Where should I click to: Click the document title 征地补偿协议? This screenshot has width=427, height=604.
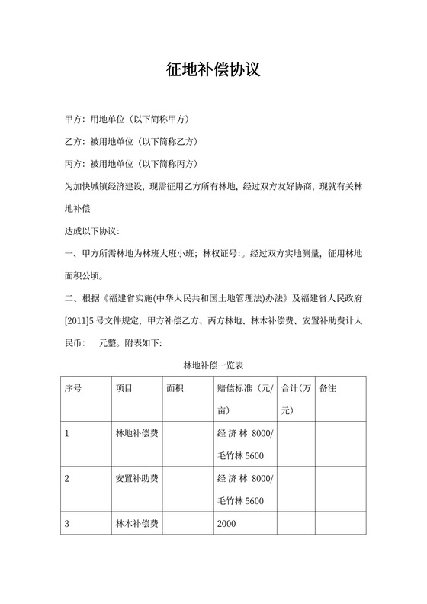click(213, 70)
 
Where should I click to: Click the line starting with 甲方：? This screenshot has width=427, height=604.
click(127, 120)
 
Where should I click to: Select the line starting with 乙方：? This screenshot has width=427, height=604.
click(131, 142)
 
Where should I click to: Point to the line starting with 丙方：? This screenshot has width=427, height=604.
click(131, 164)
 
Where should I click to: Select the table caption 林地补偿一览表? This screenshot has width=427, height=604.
click(213, 366)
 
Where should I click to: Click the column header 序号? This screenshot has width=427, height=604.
click(74, 388)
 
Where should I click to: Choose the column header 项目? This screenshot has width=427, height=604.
click(124, 388)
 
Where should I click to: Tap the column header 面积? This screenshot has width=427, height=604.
click(175, 388)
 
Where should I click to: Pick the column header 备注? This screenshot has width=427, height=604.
click(328, 388)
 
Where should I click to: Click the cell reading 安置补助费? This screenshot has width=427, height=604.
click(136, 479)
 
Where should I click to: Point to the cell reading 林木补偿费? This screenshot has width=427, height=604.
click(136, 524)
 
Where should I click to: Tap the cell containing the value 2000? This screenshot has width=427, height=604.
click(227, 524)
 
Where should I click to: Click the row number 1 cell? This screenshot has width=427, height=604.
click(68, 434)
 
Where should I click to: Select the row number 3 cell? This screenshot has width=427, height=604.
click(68, 524)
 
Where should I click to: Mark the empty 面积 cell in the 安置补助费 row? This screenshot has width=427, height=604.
click(186, 489)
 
